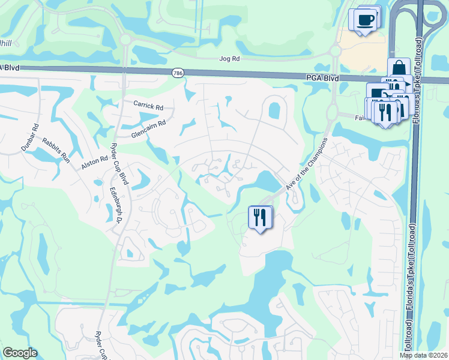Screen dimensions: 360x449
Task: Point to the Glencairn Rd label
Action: coord(148,128)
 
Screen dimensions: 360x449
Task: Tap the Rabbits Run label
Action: coord(56,151)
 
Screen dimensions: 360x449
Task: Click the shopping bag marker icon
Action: coord(399,68)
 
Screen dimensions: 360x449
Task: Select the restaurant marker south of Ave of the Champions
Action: coord(260,217)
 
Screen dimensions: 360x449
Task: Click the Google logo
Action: coord(20,353)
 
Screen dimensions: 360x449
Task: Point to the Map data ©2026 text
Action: coord(423,355)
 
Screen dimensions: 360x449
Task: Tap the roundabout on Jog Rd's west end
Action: coord(125,40)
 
